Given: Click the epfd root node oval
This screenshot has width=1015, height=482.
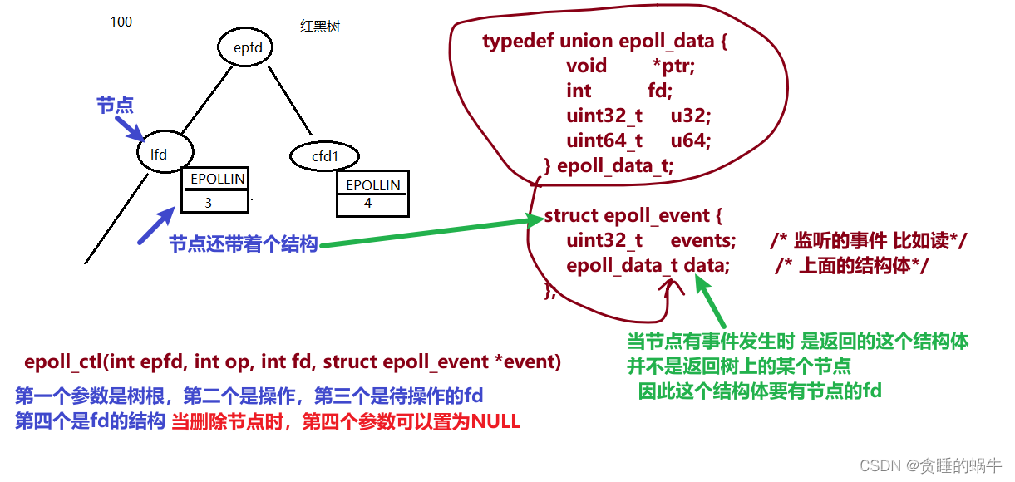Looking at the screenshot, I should (248, 48).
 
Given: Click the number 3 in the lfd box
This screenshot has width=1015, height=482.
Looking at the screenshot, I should (208, 202).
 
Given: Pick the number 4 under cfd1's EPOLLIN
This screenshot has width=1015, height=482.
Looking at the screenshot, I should (368, 203).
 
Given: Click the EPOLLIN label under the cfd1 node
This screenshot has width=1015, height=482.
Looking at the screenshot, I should (372, 184).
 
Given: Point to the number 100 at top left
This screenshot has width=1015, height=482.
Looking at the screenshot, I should (121, 22).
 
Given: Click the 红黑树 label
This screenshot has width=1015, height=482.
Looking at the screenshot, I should (320, 27).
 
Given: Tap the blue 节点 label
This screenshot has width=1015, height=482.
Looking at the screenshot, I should (115, 106).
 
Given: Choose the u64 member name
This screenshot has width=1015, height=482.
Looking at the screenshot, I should (691, 140).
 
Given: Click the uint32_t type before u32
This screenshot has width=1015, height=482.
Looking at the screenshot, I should (604, 116).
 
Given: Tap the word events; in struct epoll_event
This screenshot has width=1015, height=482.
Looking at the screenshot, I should (702, 241).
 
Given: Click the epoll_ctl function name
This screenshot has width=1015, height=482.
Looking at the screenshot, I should (63, 361).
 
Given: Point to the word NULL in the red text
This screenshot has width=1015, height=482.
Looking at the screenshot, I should (495, 422).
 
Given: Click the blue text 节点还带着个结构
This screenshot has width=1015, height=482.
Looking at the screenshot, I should (244, 244).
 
